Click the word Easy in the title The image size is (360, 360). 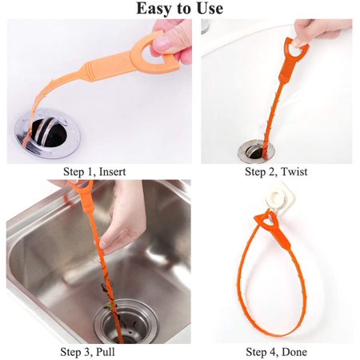tap(152, 9)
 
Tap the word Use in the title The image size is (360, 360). tap(210, 8)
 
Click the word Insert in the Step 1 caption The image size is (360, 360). tap(112, 172)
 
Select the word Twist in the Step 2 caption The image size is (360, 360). tap(294, 171)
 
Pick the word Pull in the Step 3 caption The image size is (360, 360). tap(106, 352)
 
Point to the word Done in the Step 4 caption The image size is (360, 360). tap(294, 352)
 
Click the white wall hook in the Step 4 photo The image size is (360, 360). tap(278, 202)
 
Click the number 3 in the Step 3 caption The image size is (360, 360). tap(87, 352)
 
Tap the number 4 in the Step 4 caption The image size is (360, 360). tap(273, 352)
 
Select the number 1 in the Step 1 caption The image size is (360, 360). tap(90, 172)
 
